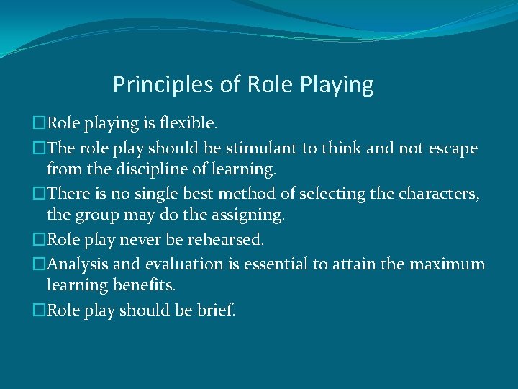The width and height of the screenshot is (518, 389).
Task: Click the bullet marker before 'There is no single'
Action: tap(40, 194)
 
